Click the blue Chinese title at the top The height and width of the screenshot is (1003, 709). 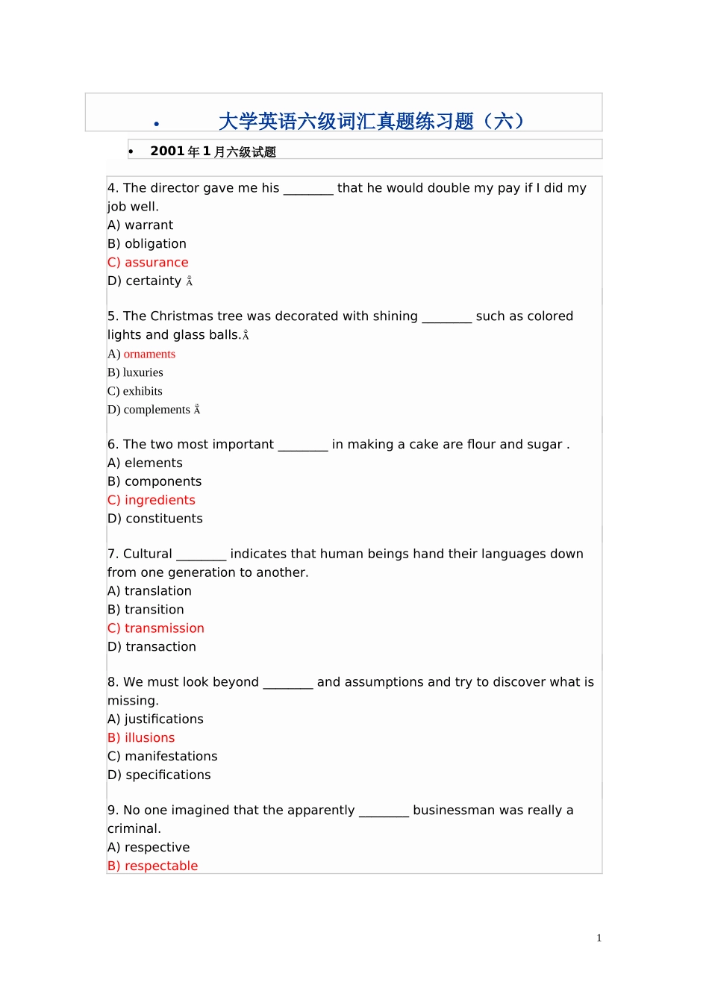pos(371,121)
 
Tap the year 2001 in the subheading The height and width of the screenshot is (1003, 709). pos(167,151)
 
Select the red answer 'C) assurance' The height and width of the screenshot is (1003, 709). pos(148,263)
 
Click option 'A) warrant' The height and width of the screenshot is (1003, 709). pos(140,225)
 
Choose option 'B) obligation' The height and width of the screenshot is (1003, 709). pos(147,244)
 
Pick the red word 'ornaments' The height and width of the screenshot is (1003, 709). pos(149,354)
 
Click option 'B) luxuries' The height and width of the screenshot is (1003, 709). pos(135,372)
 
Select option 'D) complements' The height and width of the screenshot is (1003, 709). pos(149,410)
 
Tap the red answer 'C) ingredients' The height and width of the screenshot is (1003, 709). pos(152,500)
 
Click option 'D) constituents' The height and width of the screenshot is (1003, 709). pos(155,519)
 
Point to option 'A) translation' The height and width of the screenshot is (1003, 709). pos(149,591)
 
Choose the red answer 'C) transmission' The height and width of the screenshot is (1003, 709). pos(156,628)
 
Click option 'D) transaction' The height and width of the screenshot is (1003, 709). pos(152,647)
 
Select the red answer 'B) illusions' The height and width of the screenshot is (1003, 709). pos(141,738)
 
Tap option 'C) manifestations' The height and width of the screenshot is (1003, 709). pos(163,757)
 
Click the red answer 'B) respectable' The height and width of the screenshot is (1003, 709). pos(153,866)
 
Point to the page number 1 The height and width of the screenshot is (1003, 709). pos(599,938)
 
